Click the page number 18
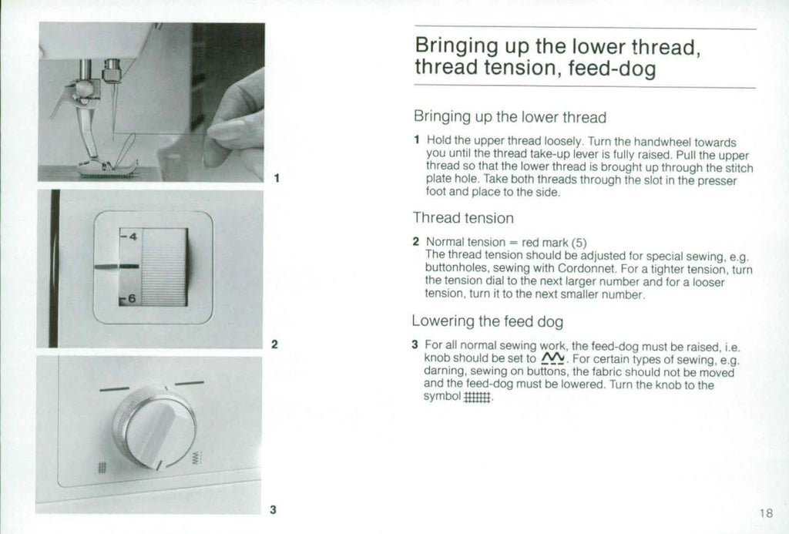(x=764, y=513)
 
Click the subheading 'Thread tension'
(x=462, y=218)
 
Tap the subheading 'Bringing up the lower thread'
(x=509, y=117)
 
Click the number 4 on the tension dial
(x=132, y=237)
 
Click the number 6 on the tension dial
(x=132, y=298)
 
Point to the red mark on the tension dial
(x=116, y=267)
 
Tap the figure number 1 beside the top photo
(x=276, y=179)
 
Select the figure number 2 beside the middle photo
(x=274, y=344)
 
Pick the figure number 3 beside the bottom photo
(x=273, y=509)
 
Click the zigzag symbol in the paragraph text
(x=553, y=359)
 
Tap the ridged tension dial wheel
(x=164, y=267)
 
